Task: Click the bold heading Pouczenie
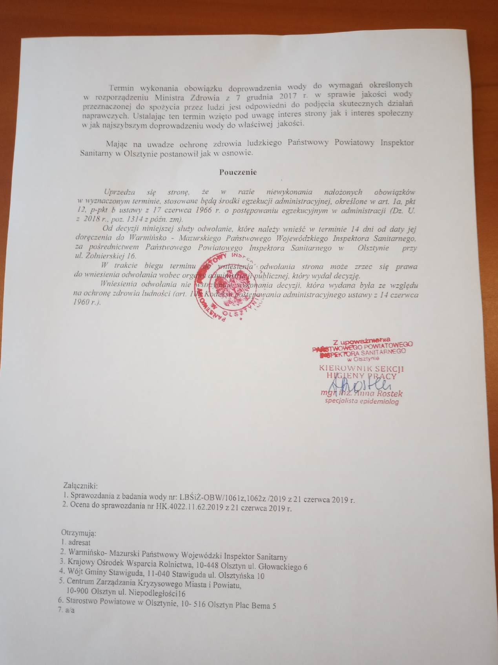click(x=238, y=172)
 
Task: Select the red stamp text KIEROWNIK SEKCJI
click(x=361, y=369)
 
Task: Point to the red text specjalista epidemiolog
click(x=361, y=401)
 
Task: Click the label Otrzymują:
click(x=78, y=533)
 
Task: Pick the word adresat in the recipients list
click(x=79, y=543)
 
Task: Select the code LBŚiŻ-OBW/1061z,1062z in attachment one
click(x=220, y=498)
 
